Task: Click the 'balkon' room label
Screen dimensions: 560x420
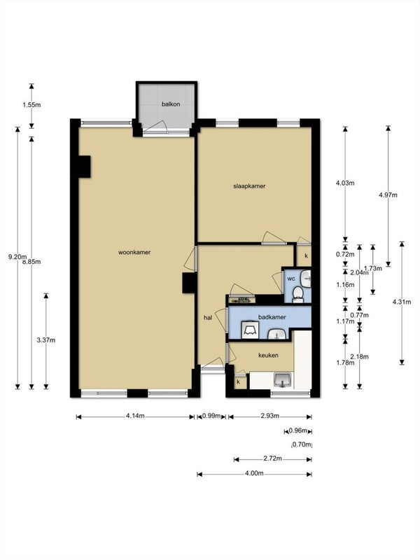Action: (171, 104)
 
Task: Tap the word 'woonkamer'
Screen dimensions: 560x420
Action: (135, 252)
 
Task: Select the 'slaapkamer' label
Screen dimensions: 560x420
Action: (249, 186)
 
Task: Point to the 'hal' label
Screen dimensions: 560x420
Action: (208, 317)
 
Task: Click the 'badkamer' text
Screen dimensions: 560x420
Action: (272, 317)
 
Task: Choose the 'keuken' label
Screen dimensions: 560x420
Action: (269, 356)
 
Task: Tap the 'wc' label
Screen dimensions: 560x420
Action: (290, 279)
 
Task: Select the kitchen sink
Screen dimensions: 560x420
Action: (283, 380)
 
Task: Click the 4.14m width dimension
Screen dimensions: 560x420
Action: (135, 416)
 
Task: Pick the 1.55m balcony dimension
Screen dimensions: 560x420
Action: (32, 105)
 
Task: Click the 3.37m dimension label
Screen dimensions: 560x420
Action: (45, 340)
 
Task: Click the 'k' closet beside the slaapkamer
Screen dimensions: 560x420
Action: (306, 256)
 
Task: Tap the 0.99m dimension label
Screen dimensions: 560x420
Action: (211, 416)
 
